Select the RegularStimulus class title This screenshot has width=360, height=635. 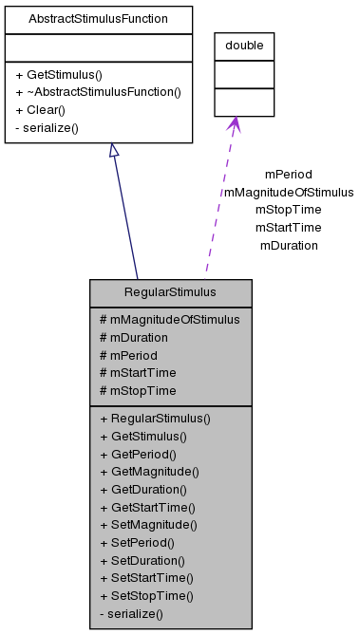pyautogui.click(x=170, y=292)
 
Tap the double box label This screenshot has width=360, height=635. pyautogui.click(x=244, y=46)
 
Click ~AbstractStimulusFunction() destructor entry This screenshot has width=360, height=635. pyautogui.click(x=98, y=92)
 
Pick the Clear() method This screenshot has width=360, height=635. pyautogui.click(x=40, y=109)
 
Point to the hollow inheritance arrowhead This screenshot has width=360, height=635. pyautogui.click(x=113, y=151)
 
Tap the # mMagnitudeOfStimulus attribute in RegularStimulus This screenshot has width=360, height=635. pyautogui.click(x=169, y=319)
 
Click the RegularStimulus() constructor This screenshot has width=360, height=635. pyautogui.click(x=155, y=418)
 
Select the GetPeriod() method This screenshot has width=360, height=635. pyautogui.click(x=142, y=454)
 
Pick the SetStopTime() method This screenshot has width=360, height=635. pyautogui.click(x=151, y=596)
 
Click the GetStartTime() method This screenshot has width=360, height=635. pyautogui.click(x=151, y=507)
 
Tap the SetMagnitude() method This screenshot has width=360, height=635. pyautogui.click(x=153, y=525)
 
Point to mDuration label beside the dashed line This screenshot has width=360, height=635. pyautogui.click(x=288, y=245)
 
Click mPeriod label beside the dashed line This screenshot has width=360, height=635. pyautogui.click(x=288, y=175)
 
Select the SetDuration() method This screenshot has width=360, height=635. pyautogui.click(x=147, y=560)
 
